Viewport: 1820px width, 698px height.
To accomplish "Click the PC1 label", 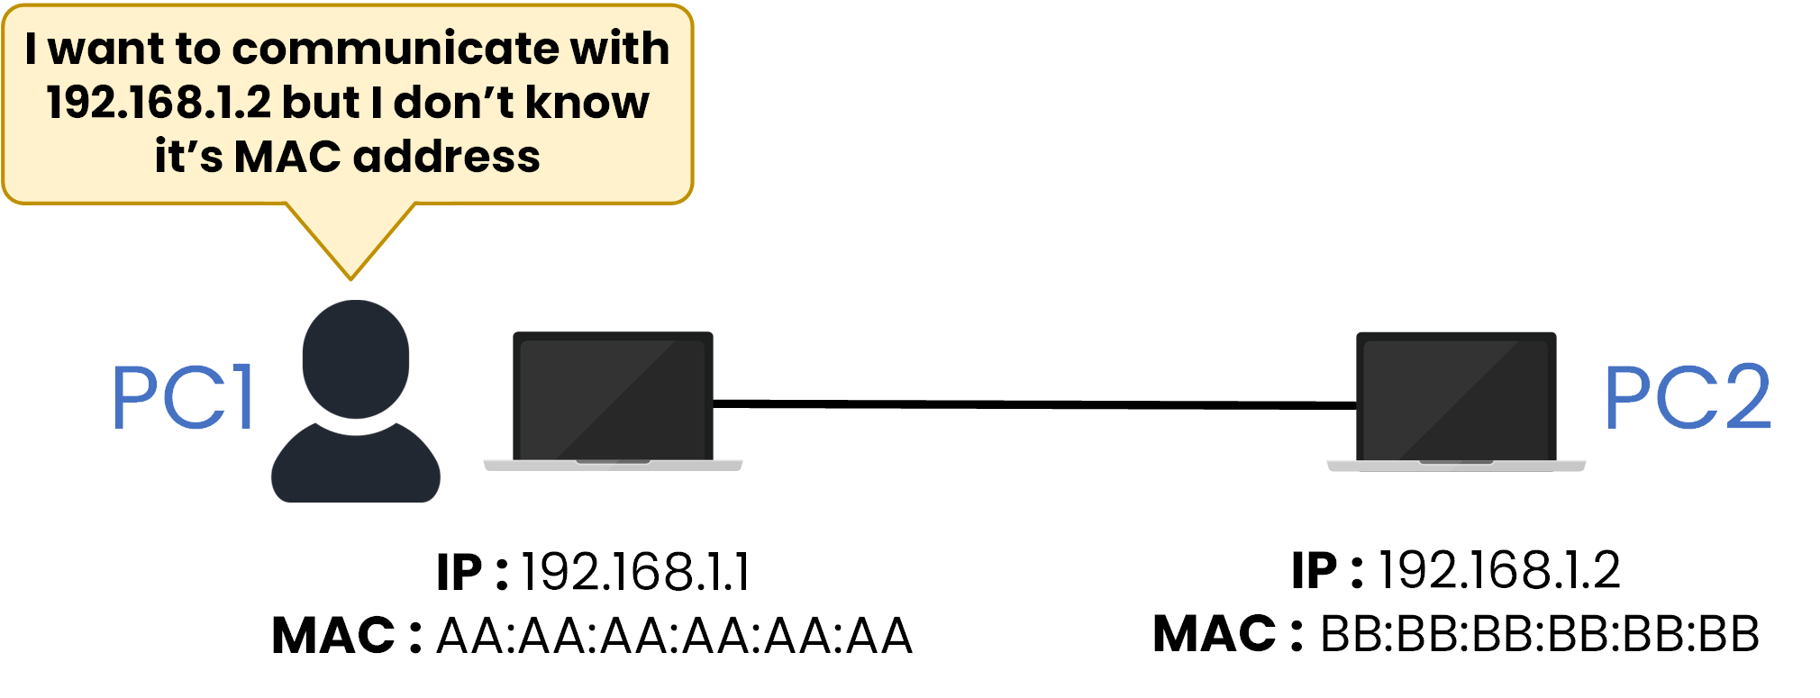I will point(183,397).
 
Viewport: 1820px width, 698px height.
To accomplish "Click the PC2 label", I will point(1687,397).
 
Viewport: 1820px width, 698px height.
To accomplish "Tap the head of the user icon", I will point(356,358).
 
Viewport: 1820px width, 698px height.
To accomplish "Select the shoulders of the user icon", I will point(356,465).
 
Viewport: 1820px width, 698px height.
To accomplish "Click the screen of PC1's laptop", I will point(613,396).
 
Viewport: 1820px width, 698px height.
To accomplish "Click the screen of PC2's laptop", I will point(1456,396).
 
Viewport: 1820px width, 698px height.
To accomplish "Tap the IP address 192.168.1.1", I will point(635,572).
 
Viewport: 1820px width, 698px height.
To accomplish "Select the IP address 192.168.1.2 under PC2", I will point(1499,570).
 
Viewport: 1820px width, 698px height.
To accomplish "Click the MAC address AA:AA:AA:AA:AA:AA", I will point(674,636).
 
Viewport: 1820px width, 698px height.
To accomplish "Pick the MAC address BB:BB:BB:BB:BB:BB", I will point(1539,634).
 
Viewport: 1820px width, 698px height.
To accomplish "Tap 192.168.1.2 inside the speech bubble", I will point(159,103).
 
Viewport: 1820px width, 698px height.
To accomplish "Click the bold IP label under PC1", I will point(460,573).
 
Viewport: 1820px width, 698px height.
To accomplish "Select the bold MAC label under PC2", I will point(1214,634).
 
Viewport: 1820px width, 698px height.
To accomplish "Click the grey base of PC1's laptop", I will point(613,466).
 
